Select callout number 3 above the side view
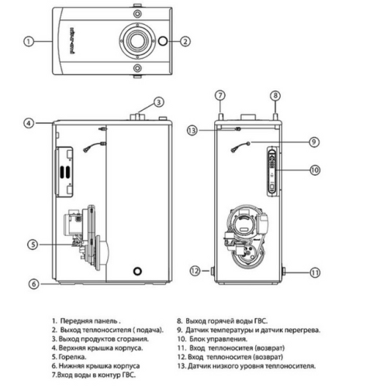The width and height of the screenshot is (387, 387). point(158,102)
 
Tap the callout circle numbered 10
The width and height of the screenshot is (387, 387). point(315,169)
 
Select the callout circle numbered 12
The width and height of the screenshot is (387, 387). point(195,271)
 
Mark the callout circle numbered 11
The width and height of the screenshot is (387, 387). point(315,272)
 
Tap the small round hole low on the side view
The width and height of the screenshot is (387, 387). point(137,272)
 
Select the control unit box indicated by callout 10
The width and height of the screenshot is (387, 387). point(271,170)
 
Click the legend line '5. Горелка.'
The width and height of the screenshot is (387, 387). point(74,348)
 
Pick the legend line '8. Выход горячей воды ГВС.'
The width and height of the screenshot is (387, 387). point(233,320)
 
